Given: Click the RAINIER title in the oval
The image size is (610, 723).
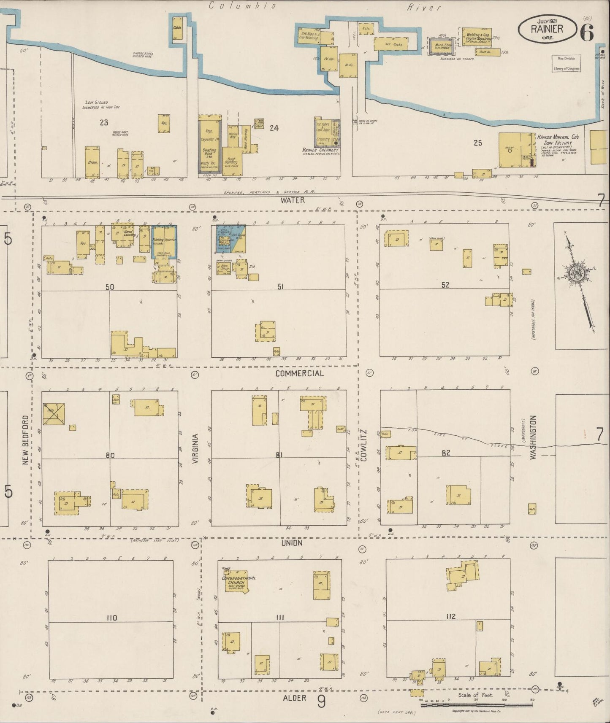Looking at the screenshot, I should click(547, 29).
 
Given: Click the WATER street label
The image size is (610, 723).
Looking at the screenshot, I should click(293, 200).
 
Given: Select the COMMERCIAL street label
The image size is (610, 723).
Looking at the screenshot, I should click(299, 373).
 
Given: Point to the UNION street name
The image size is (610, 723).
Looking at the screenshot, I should click(292, 543).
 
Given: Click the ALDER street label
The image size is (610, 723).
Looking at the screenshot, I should click(295, 698).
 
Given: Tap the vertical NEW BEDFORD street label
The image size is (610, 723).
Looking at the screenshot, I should click(25, 440).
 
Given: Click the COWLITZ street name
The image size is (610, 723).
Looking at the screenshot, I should click(364, 445).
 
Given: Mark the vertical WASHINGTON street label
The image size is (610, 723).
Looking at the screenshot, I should click(533, 437).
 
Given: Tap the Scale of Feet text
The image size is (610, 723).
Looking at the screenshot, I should click(476, 695).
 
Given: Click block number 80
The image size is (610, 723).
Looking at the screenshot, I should click(110, 455).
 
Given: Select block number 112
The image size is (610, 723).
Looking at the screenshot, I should click(450, 616).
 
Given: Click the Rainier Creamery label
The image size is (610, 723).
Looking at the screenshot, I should click(321, 150).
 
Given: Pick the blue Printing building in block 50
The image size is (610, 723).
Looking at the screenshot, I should click(158, 240).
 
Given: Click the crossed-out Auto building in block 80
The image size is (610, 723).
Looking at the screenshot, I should click(54, 414).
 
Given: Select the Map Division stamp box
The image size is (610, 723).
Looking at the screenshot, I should click(566, 63).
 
